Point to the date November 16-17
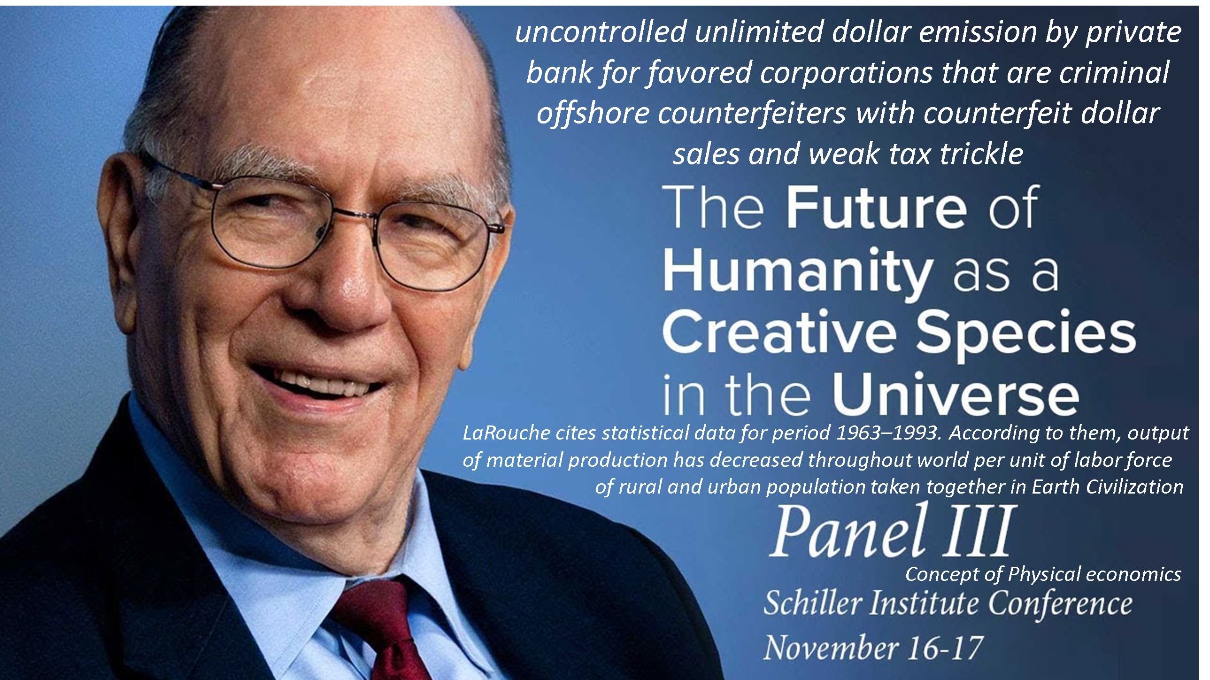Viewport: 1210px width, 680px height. coord(873,648)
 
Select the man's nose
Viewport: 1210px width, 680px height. coord(347,286)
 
